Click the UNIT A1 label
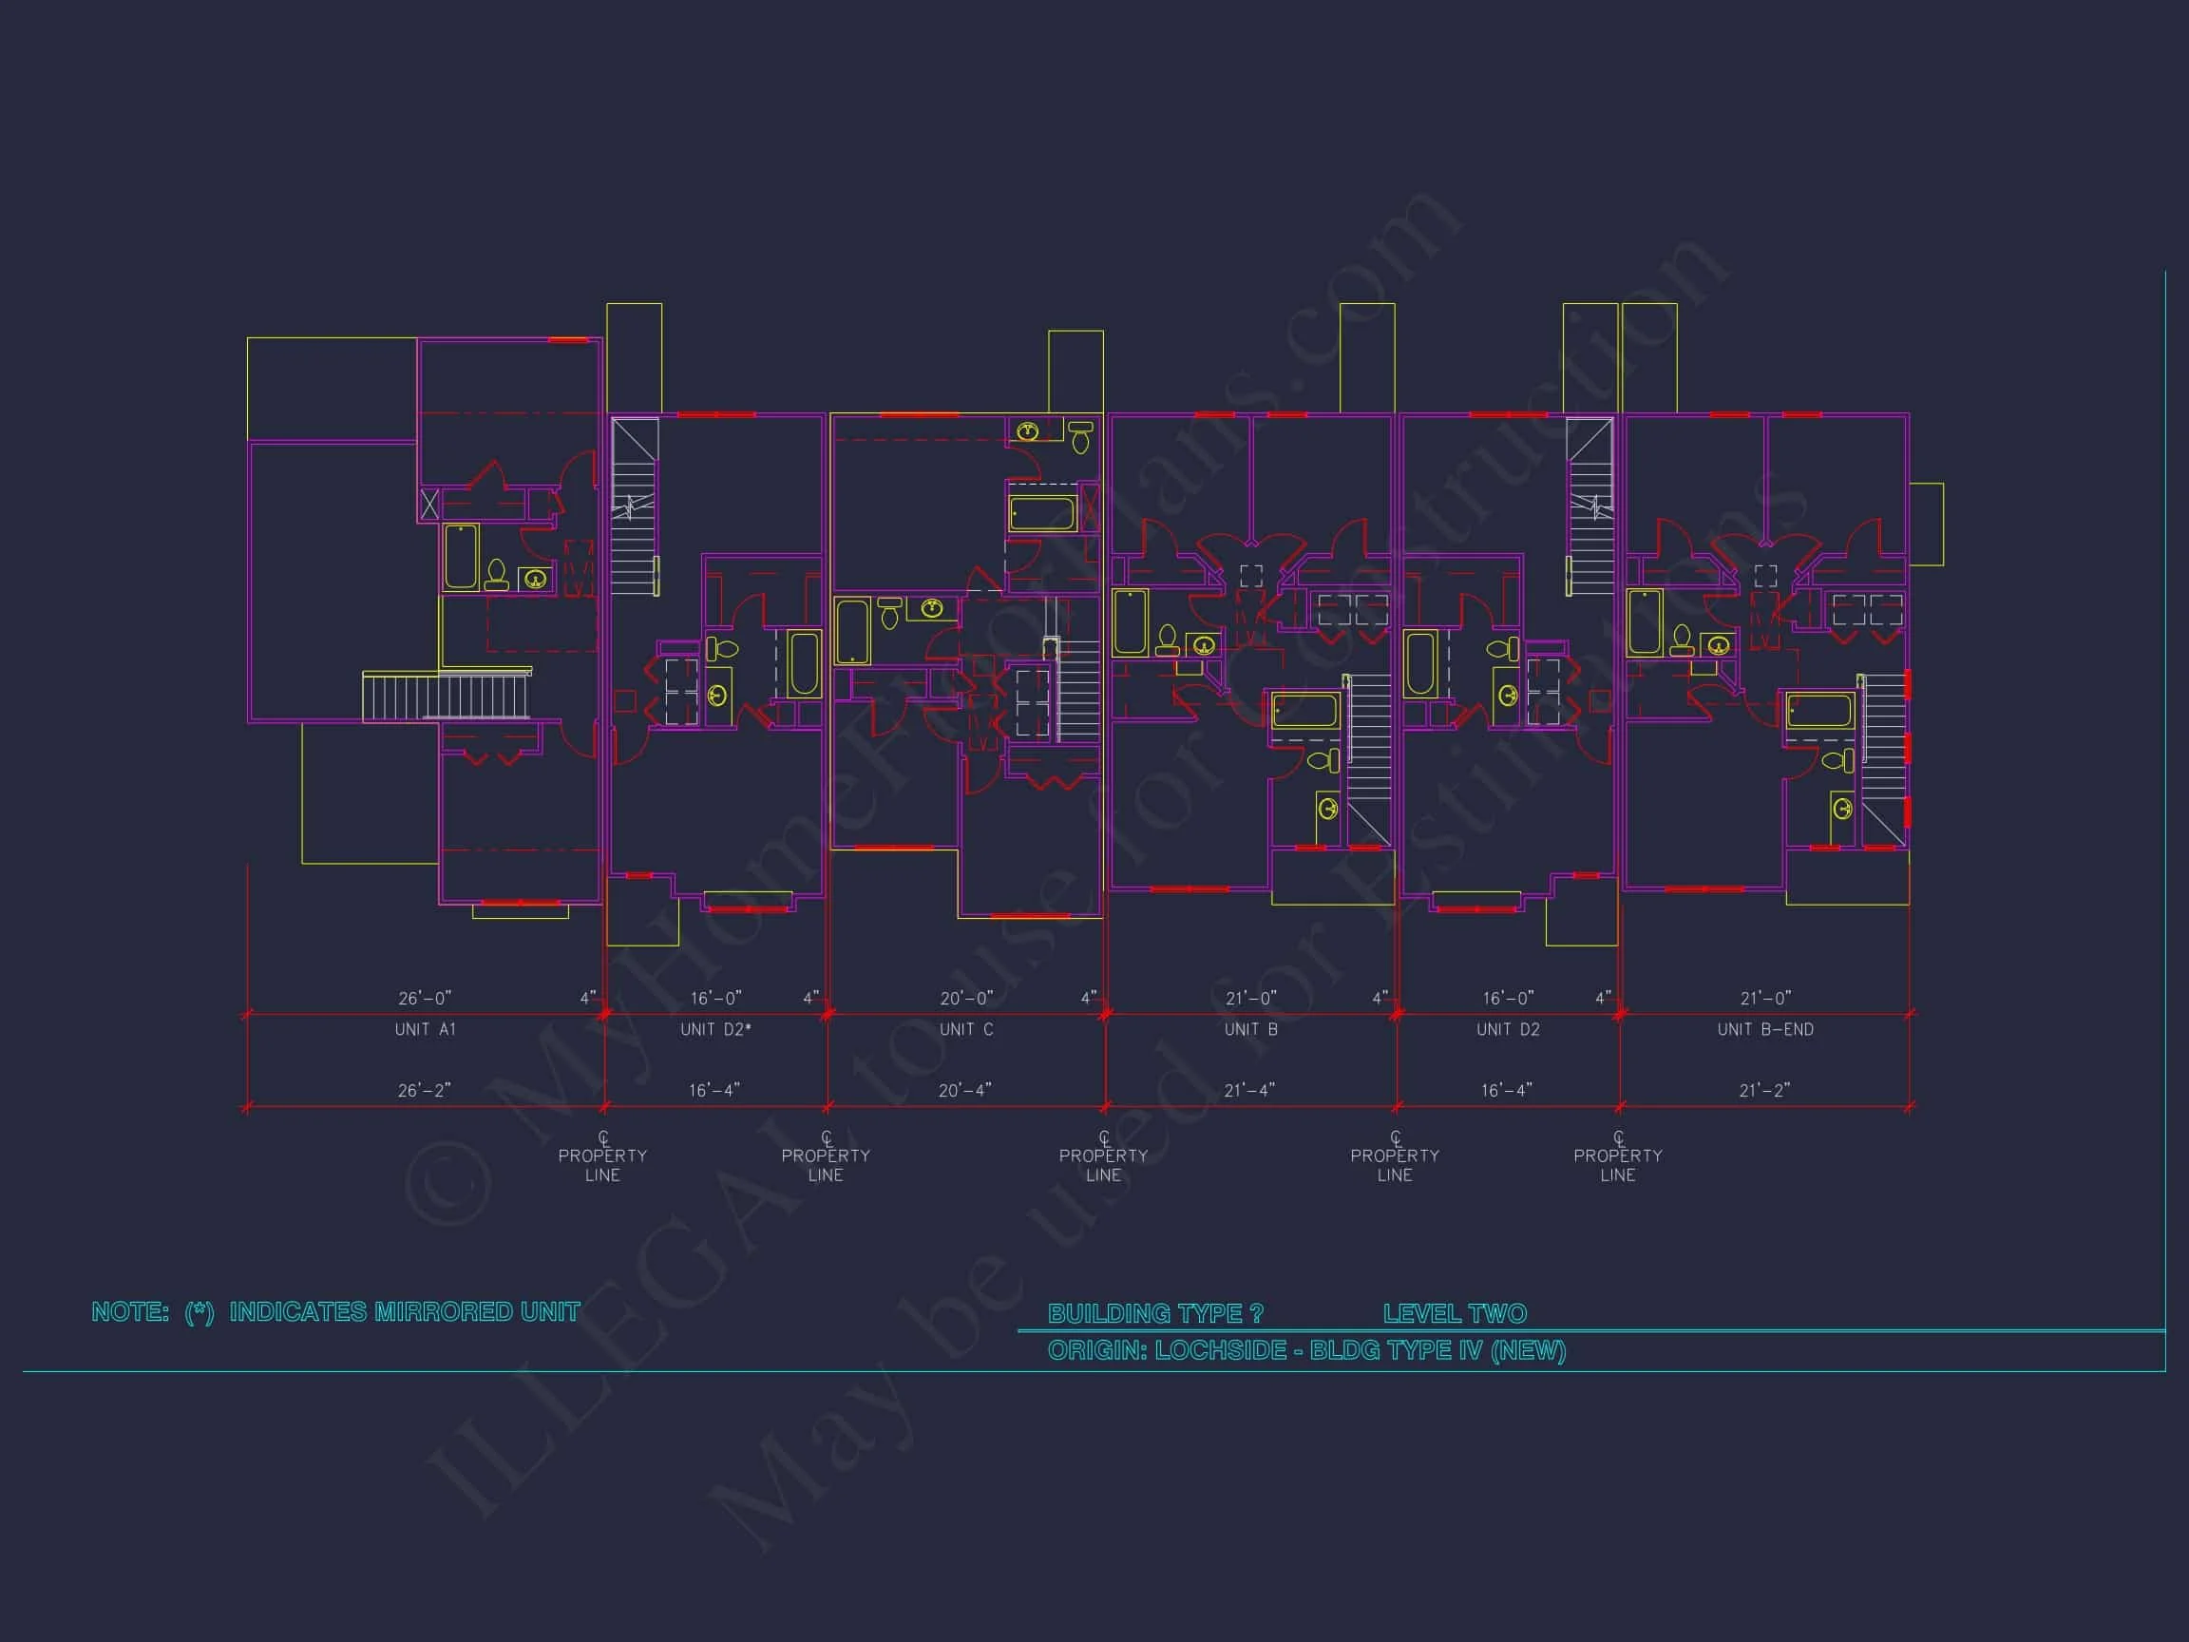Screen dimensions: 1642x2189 425,1029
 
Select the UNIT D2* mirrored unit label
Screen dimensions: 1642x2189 715,1029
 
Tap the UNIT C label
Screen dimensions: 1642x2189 966,1029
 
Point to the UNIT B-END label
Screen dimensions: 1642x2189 1765,1029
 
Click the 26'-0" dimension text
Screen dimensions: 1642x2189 425,999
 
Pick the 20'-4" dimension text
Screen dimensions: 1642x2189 965,1091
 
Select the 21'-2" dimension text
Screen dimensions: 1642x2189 1764,1091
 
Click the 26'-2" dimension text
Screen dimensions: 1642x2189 425,1091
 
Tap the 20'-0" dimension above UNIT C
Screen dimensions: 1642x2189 966,999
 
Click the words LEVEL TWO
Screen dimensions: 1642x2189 1455,1313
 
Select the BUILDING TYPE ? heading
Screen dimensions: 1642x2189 1155,1313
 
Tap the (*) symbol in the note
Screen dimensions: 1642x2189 199,1312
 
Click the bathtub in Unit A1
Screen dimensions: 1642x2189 461,556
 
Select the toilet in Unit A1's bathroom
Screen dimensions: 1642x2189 497,574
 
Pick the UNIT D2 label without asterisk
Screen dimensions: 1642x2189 1508,1029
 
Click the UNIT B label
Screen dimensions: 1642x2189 1251,1029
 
